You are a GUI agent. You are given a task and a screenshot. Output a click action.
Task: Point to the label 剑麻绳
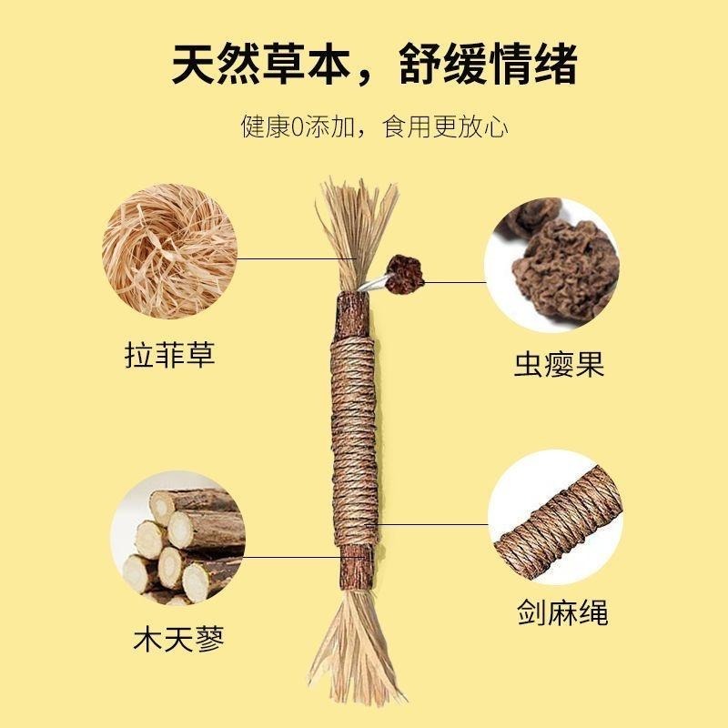[x=557, y=611]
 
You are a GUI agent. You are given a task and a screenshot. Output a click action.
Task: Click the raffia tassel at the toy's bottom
[x=356, y=637]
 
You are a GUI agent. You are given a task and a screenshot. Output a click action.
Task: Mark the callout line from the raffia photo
[x=291, y=258]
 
